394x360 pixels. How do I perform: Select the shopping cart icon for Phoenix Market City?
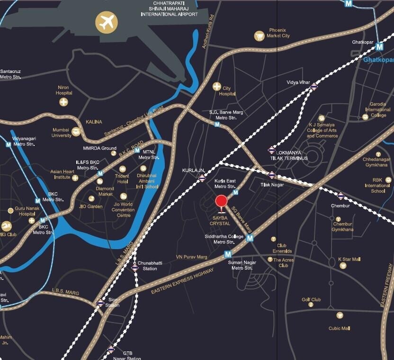pos(259,36)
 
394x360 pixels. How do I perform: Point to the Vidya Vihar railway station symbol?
pos(314,86)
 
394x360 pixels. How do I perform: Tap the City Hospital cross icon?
pos(217,86)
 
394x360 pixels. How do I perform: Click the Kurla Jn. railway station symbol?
pos(202,178)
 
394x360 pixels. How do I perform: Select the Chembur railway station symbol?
pos(340,195)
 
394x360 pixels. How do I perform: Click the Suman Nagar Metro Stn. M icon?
pos(228,254)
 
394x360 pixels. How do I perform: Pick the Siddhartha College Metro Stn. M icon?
pos(250,238)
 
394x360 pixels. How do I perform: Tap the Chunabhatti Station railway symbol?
pos(135,268)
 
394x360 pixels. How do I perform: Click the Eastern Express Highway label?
pos(182,281)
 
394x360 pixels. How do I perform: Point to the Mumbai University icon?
pos(76,132)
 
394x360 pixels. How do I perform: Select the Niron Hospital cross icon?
pos(63,102)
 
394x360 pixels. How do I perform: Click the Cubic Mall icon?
pos(340,315)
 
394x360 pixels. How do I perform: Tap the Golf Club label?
pos(311,300)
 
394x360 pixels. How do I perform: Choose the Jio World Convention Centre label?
pos(123,210)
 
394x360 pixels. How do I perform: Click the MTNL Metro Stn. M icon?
pos(137,151)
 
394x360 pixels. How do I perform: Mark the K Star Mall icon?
pos(343,266)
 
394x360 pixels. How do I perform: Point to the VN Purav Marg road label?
pos(192,257)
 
